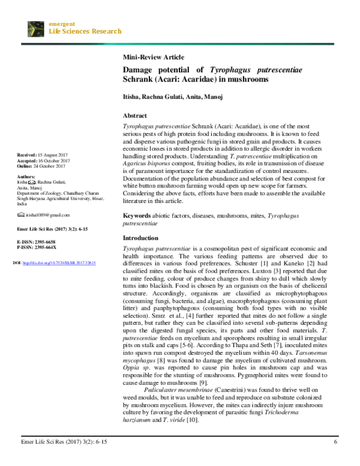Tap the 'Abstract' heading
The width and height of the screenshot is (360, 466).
point(136,115)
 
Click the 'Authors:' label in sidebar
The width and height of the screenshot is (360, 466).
point(27,177)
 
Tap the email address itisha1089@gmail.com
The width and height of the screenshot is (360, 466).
point(47,215)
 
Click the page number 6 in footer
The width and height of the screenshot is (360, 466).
point(335,442)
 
